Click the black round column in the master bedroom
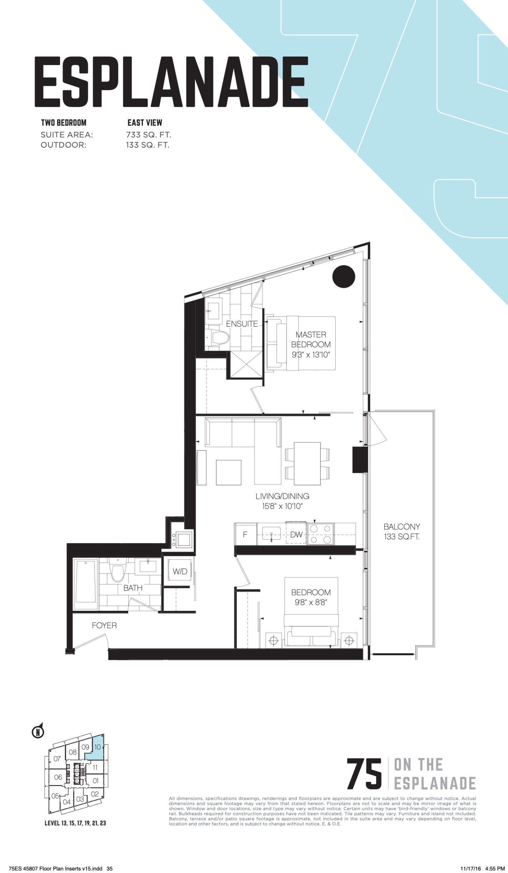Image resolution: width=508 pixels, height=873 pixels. coord(344,276)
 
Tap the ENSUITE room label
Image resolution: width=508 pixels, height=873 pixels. coord(242,324)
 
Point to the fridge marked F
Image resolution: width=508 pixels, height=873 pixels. coord(245,534)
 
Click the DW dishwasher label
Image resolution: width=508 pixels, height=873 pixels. coord(296,534)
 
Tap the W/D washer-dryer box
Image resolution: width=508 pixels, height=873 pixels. coord(180,572)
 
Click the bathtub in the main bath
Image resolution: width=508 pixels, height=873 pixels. coord(86,584)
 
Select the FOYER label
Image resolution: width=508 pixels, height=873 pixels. coord(104,625)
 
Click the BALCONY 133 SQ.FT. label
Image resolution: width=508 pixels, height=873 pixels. coord(402,531)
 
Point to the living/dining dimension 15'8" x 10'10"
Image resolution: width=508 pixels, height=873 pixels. coord(282,506)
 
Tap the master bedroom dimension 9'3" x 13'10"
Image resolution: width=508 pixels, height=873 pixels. coord(311,355)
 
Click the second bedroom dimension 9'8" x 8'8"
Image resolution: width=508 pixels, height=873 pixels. coord(311,603)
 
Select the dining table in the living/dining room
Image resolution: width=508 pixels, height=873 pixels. coord(307,463)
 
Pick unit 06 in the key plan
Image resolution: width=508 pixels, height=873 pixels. coord(58,777)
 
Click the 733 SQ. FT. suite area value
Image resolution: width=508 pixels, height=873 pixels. coord(149,135)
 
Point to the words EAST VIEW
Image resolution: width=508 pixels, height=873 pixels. coord(145,123)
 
